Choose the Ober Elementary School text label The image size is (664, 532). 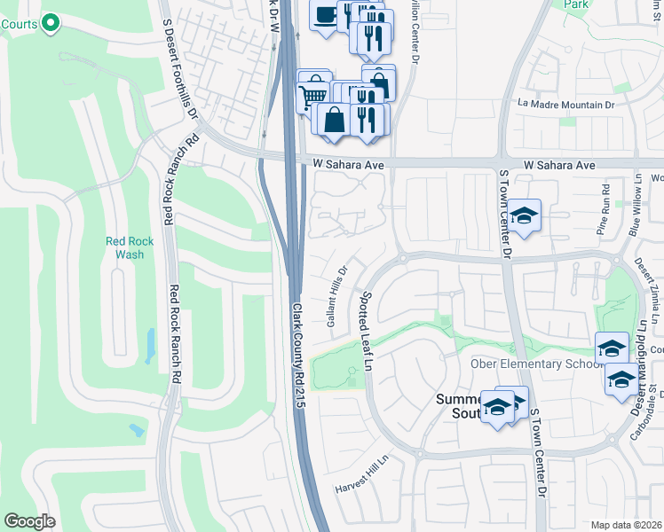[x=527, y=364]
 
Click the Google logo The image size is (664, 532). [x=29, y=520]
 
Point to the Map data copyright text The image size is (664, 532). [x=625, y=525]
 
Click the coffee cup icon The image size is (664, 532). [x=325, y=14]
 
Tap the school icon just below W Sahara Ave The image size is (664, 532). [x=525, y=216]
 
